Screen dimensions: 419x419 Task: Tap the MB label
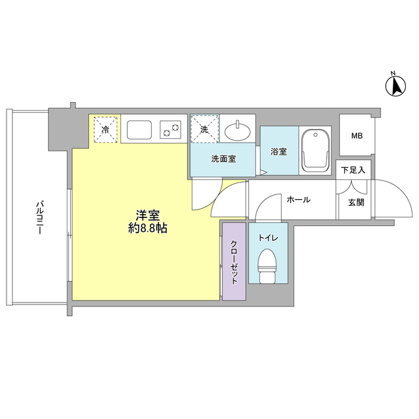click(356, 136)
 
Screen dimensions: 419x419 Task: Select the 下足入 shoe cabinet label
click(354, 170)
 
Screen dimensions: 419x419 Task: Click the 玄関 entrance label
click(356, 202)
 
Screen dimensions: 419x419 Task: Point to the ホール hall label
click(299, 200)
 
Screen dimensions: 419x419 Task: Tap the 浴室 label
click(278, 152)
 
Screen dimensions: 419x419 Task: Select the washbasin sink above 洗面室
click(237, 132)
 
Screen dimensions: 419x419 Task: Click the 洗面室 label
click(223, 158)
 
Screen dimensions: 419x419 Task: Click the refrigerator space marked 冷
click(105, 129)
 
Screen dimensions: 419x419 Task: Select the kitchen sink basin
click(139, 129)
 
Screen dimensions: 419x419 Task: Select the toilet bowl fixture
click(266, 266)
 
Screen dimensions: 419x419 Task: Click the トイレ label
click(266, 238)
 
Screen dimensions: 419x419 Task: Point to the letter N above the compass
click(393, 73)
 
